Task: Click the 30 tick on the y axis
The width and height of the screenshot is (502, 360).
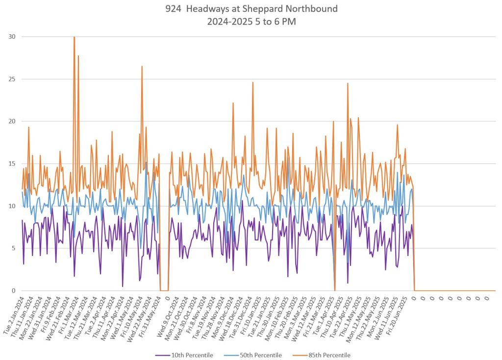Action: pos(11,37)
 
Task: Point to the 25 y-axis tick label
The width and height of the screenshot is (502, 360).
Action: pos(11,79)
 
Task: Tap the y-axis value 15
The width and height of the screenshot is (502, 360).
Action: pos(11,164)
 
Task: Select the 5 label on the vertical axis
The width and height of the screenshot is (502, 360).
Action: pos(13,248)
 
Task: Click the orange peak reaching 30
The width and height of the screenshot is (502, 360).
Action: pos(74,37)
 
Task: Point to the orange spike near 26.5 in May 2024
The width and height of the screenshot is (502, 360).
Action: pos(142,67)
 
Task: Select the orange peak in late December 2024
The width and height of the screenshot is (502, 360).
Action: pos(253,82)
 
